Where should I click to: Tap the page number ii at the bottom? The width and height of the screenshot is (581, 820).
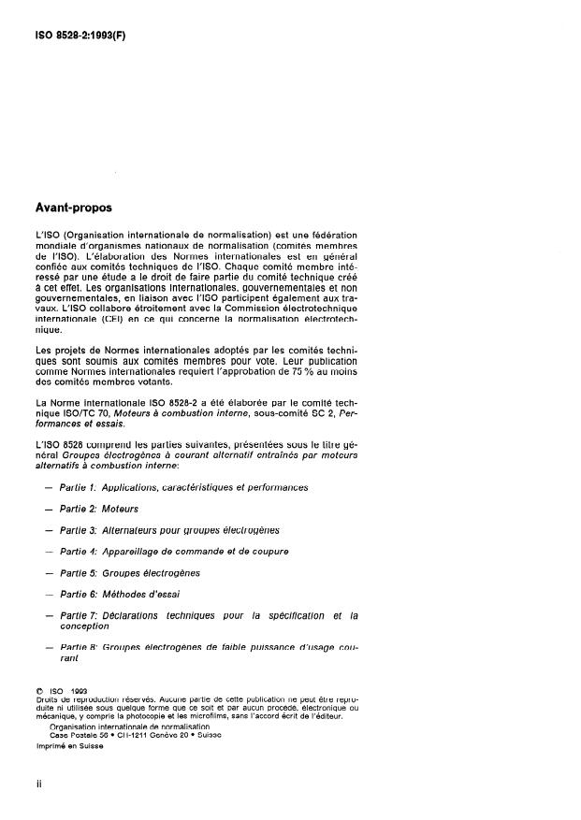38,784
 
